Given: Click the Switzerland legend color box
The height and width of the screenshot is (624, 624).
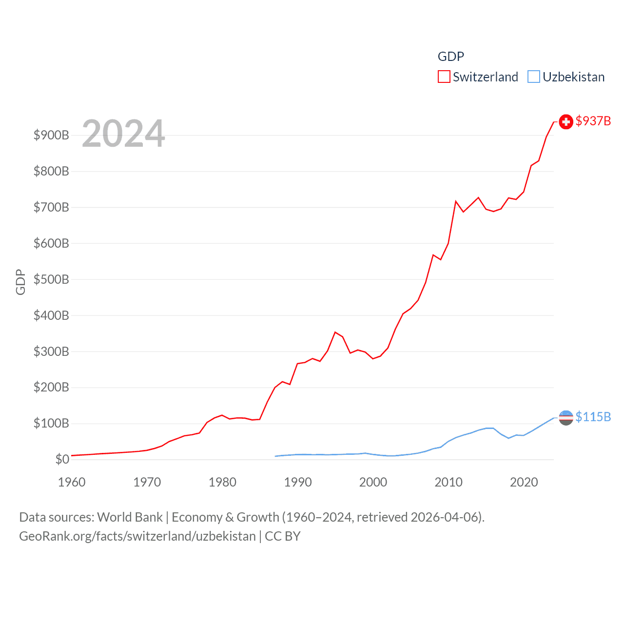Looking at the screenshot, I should click(x=444, y=77).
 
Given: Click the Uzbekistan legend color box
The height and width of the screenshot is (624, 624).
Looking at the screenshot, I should click(x=534, y=77).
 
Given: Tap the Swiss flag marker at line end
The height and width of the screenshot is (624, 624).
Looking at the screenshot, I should click(x=565, y=122).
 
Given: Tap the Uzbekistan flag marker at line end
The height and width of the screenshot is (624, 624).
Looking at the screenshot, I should click(x=565, y=418).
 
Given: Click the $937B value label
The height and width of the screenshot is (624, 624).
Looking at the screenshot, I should click(x=593, y=121).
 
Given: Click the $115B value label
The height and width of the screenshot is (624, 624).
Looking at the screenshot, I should click(x=593, y=417).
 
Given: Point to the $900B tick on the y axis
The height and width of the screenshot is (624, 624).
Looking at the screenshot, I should click(x=51, y=135).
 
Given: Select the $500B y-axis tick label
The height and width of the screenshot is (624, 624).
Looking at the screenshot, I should click(x=51, y=279).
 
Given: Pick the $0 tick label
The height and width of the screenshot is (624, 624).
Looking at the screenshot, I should click(x=62, y=459).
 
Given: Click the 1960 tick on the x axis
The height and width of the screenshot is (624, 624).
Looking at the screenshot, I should click(x=72, y=482).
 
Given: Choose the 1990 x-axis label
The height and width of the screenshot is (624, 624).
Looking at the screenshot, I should click(x=298, y=482).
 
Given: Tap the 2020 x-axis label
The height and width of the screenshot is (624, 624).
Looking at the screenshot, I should click(x=524, y=482).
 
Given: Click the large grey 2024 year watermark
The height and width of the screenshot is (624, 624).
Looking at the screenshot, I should click(x=123, y=134).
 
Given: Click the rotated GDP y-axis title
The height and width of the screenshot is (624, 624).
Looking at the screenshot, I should click(x=20, y=282).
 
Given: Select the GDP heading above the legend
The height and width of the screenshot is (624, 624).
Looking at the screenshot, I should click(x=450, y=57).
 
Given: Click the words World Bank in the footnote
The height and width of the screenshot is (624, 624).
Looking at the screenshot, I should click(x=130, y=517).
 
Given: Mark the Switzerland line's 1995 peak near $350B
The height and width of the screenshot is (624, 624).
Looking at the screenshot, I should click(x=335, y=332).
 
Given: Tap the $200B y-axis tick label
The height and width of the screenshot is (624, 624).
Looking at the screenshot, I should click(x=51, y=388).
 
